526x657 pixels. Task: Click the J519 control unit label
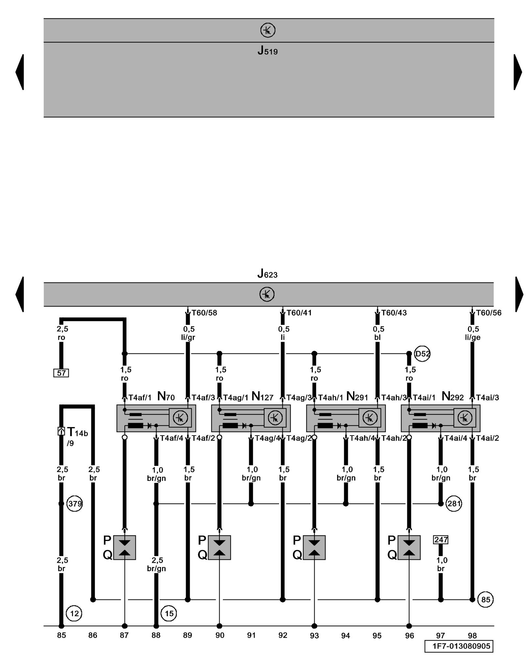267,51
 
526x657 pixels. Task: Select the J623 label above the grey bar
267,273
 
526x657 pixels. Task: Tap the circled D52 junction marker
422,354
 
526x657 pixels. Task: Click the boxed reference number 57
61,373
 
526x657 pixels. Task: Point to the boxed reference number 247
441,540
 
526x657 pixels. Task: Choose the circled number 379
75,504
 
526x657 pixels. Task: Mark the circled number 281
454,504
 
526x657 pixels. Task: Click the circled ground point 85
486,600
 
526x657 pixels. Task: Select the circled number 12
74,613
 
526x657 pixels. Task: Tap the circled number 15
169,613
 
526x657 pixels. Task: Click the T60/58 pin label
204,313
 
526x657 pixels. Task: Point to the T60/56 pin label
489,313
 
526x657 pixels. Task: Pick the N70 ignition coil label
166,396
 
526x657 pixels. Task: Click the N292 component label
453,396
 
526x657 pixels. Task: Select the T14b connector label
77,432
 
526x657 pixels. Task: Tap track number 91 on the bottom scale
251,635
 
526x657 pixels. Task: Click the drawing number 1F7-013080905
459,646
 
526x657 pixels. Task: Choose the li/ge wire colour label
473,337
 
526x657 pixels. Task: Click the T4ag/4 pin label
267,438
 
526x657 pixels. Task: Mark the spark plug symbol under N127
219,548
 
